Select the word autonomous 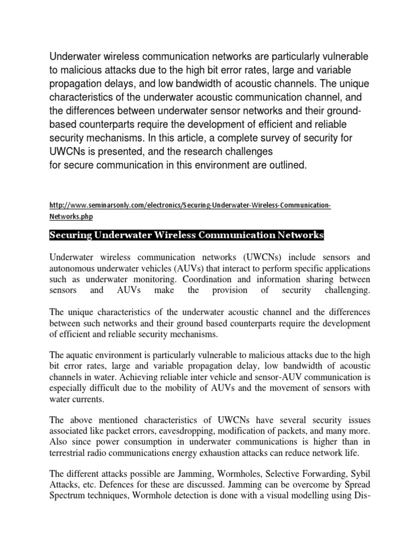71,269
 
